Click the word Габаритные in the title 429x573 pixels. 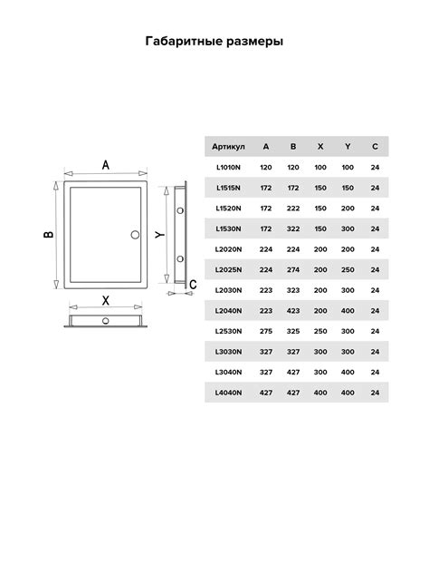[184, 42]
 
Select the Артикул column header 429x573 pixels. [228, 147]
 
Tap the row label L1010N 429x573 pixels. [228, 168]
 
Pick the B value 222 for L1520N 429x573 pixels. [293, 209]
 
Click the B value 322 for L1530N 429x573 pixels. [293, 228]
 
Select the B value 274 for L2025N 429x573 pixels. [293, 269]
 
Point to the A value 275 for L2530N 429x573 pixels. [266, 331]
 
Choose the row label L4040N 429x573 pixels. [228, 393]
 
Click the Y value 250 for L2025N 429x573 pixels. [348, 269]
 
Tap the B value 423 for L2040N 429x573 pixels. [293, 311]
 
